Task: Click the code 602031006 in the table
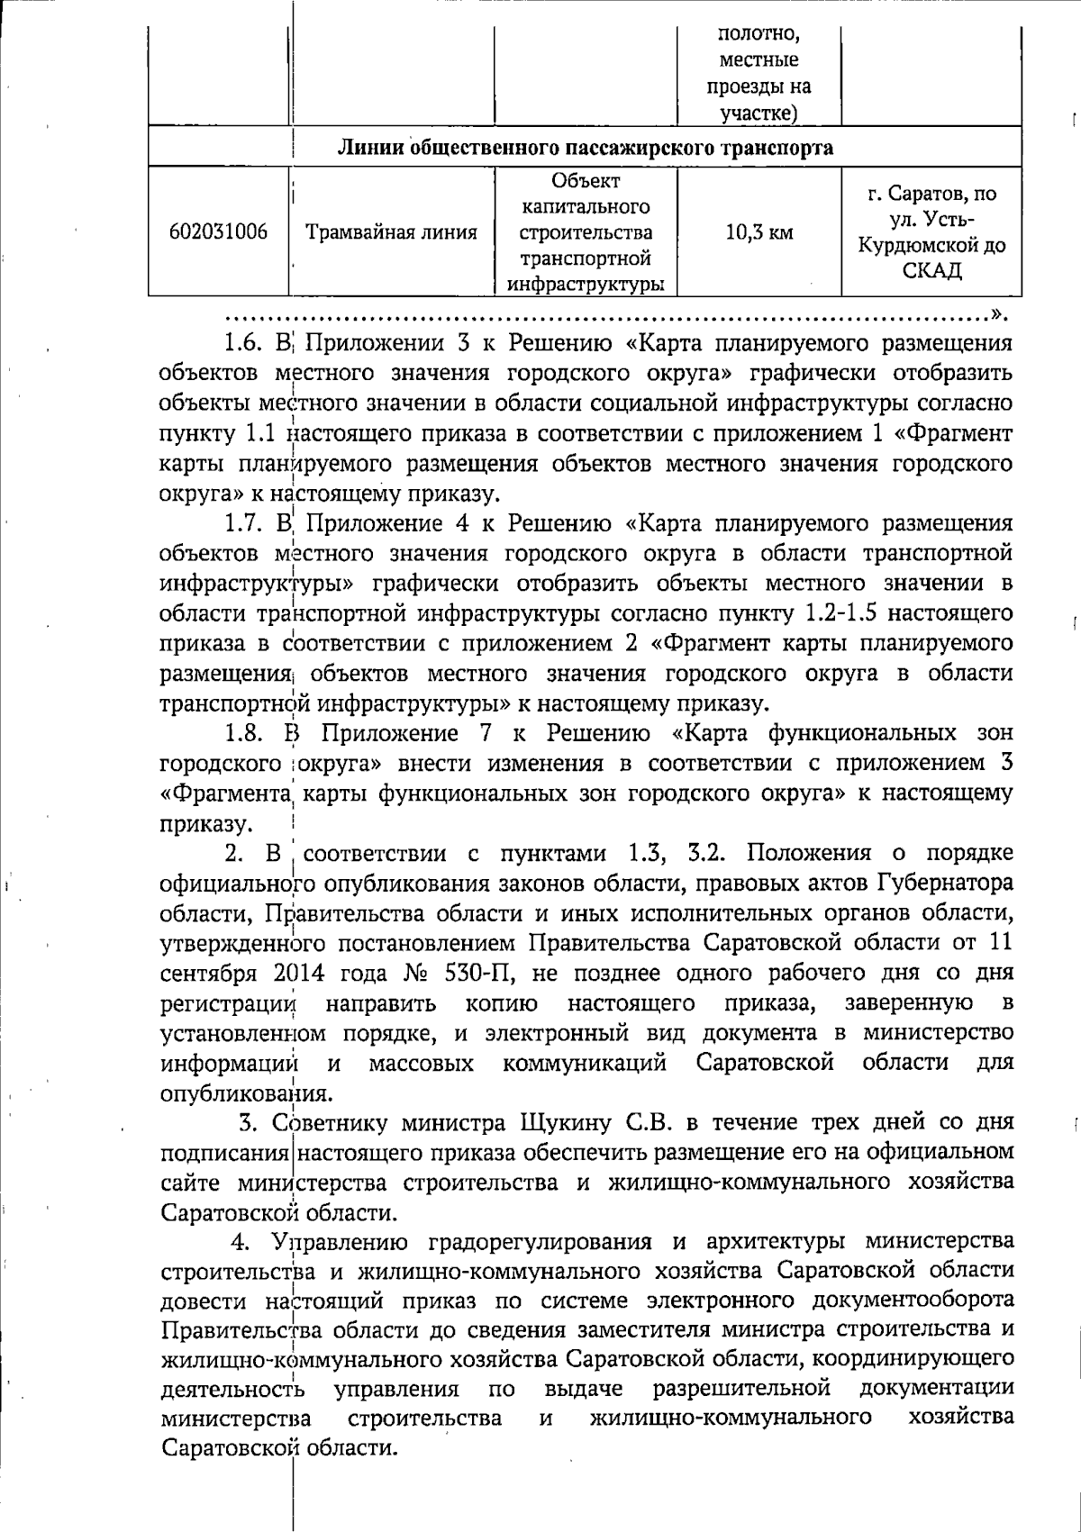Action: (x=218, y=232)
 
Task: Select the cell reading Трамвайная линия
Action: (x=392, y=232)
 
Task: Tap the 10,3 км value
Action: (x=759, y=232)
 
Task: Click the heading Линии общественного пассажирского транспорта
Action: (x=586, y=148)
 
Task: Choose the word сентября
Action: (x=204, y=973)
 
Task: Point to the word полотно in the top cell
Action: (x=759, y=35)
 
